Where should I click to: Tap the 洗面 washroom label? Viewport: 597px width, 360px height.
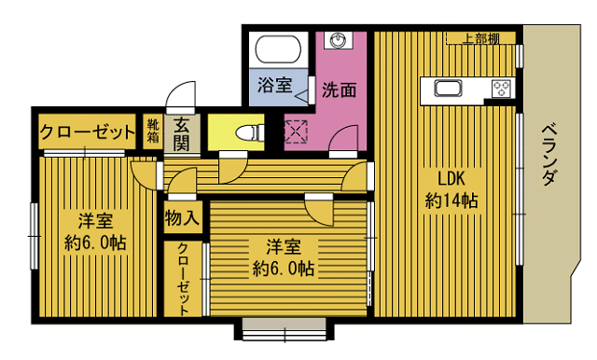click(340, 90)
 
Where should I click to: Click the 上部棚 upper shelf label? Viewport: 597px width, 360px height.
click(479, 38)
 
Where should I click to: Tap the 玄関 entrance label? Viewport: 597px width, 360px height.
click(181, 132)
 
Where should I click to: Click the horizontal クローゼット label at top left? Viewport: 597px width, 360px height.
click(88, 132)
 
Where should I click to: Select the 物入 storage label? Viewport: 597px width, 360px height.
click(182, 220)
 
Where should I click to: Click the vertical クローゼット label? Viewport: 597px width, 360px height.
click(183, 277)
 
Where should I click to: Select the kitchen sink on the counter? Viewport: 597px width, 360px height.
click(448, 90)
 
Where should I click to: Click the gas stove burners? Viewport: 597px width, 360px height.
click(502, 90)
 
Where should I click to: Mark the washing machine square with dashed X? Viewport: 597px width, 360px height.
click(298, 132)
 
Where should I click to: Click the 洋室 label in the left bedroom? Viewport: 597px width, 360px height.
click(96, 222)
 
